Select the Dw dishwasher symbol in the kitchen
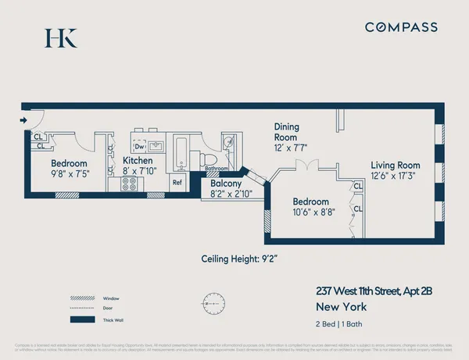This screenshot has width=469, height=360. coord(140,146)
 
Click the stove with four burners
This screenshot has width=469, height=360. coord(129,184)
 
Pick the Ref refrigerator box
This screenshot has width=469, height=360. coord(177,183)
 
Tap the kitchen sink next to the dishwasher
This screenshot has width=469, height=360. coord(155,145)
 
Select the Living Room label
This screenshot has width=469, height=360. coord(395,165)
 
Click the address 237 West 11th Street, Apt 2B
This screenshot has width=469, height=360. coord(374,290)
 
